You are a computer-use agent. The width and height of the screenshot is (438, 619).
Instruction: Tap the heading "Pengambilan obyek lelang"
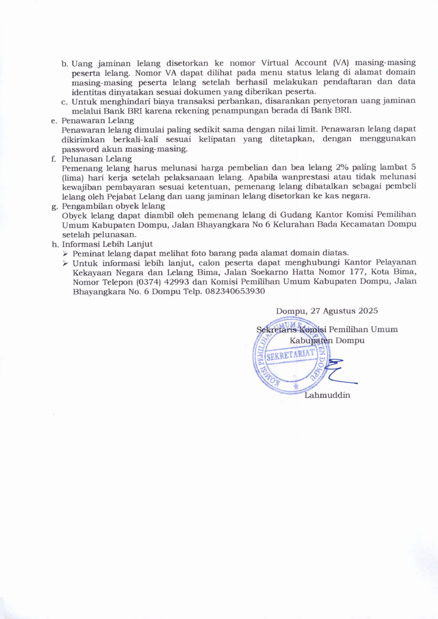pyautogui.click(x=113, y=206)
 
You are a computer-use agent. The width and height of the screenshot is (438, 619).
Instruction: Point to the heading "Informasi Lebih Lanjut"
pyautogui.click(x=107, y=244)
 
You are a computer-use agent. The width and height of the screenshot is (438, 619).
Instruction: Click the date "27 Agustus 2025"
pyautogui.click(x=344, y=311)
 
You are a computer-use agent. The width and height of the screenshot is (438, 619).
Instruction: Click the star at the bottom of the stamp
pyautogui.click(x=297, y=386)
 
